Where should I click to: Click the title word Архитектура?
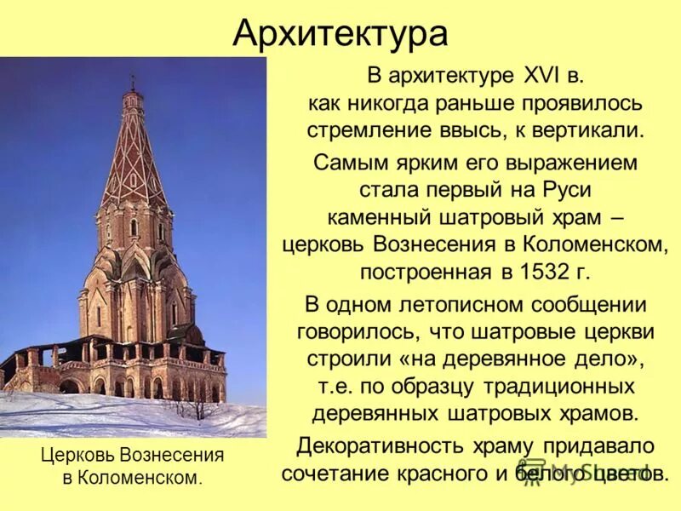click(x=340, y=34)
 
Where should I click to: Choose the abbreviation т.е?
click(x=337, y=386)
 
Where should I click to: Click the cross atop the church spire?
click(x=132, y=80)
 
